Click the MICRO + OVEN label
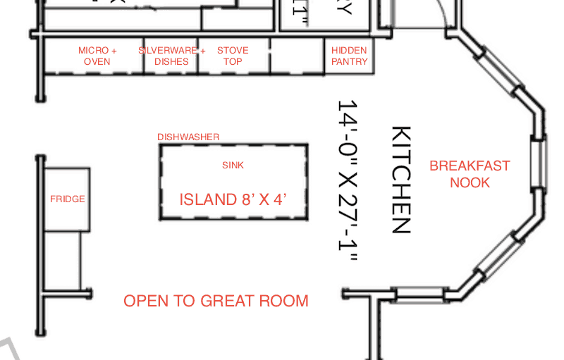(x=97, y=56)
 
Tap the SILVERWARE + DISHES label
(x=171, y=56)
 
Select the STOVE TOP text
(x=233, y=56)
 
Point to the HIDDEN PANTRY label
(x=350, y=56)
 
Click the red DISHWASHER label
(x=188, y=137)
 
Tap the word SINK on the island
(x=233, y=166)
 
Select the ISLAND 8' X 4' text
(x=233, y=199)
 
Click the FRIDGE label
(x=68, y=199)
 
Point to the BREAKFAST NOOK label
(x=470, y=174)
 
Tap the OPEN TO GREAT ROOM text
(x=216, y=301)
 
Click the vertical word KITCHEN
(x=400, y=180)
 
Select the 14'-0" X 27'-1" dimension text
(x=348, y=180)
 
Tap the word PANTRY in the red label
(x=350, y=61)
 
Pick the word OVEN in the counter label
(x=97, y=61)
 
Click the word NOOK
(x=470, y=182)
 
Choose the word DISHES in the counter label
(x=171, y=61)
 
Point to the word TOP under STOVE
(x=233, y=61)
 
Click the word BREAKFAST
(x=470, y=166)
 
